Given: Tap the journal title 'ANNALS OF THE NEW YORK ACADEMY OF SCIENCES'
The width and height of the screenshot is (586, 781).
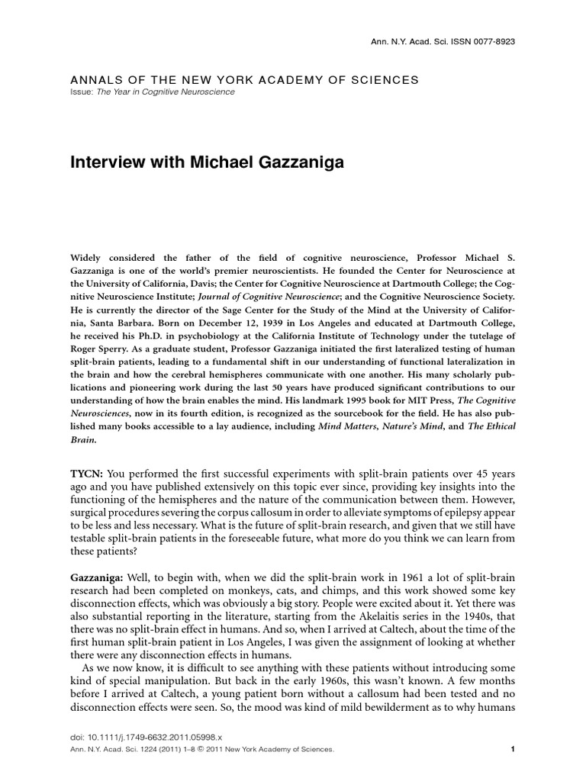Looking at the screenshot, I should click(x=245, y=79).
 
